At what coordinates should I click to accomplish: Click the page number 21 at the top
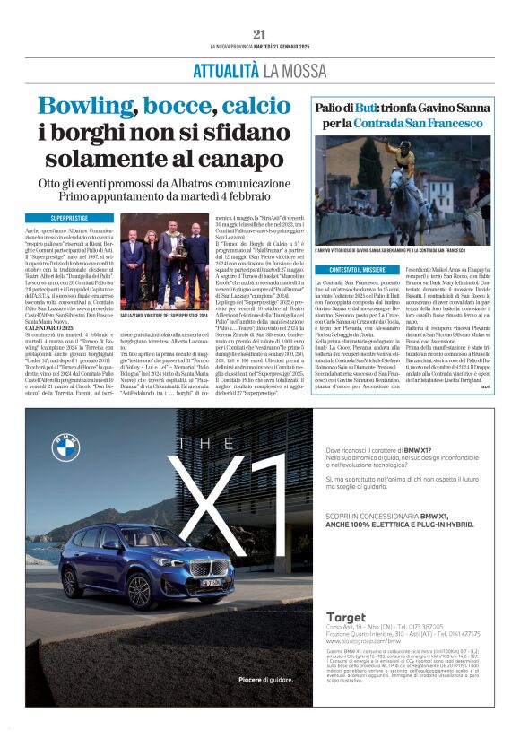(x=259, y=33)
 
